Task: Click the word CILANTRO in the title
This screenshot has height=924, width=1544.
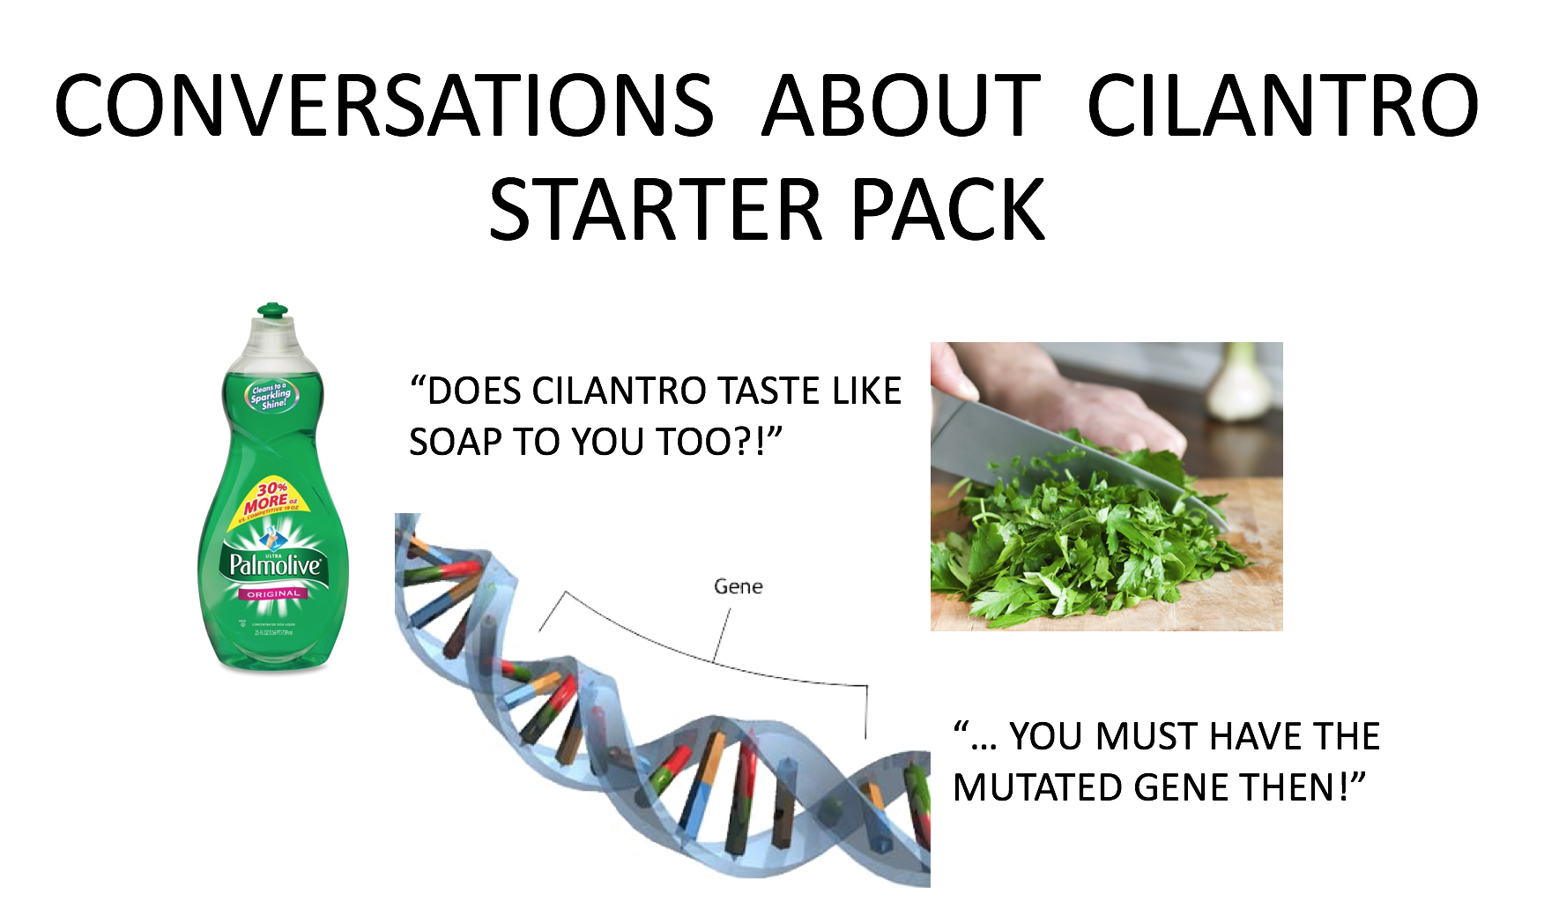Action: pyautogui.click(x=1282, y=106)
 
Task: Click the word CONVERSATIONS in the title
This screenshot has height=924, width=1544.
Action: pyautogui.click(x=383, y=106)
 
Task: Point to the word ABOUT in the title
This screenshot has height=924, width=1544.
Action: pyautogui.click(x=901, y=106)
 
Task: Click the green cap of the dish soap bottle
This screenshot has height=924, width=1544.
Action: pyautogui.click(x=272, y=311)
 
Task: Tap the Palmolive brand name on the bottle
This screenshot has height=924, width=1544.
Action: pyautogui.click(x=274, y=565)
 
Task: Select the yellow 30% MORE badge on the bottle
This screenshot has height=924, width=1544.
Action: pyautogui.click(x=269, y=499)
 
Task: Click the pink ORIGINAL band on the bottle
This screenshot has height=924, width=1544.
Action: pyautogui.click(x=273, y=594)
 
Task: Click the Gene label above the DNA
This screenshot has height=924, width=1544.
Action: pyautogui.click(x=738, y=586)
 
